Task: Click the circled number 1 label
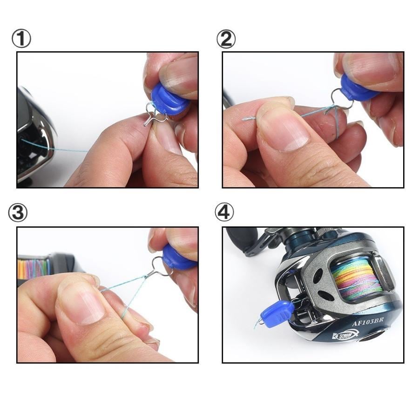point(21,40)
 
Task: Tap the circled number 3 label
point(18,213)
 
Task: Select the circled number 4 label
point(224,213)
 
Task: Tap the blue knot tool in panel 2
point(358,88)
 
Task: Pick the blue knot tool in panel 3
point(178,259)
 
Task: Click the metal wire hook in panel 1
point(152,115)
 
